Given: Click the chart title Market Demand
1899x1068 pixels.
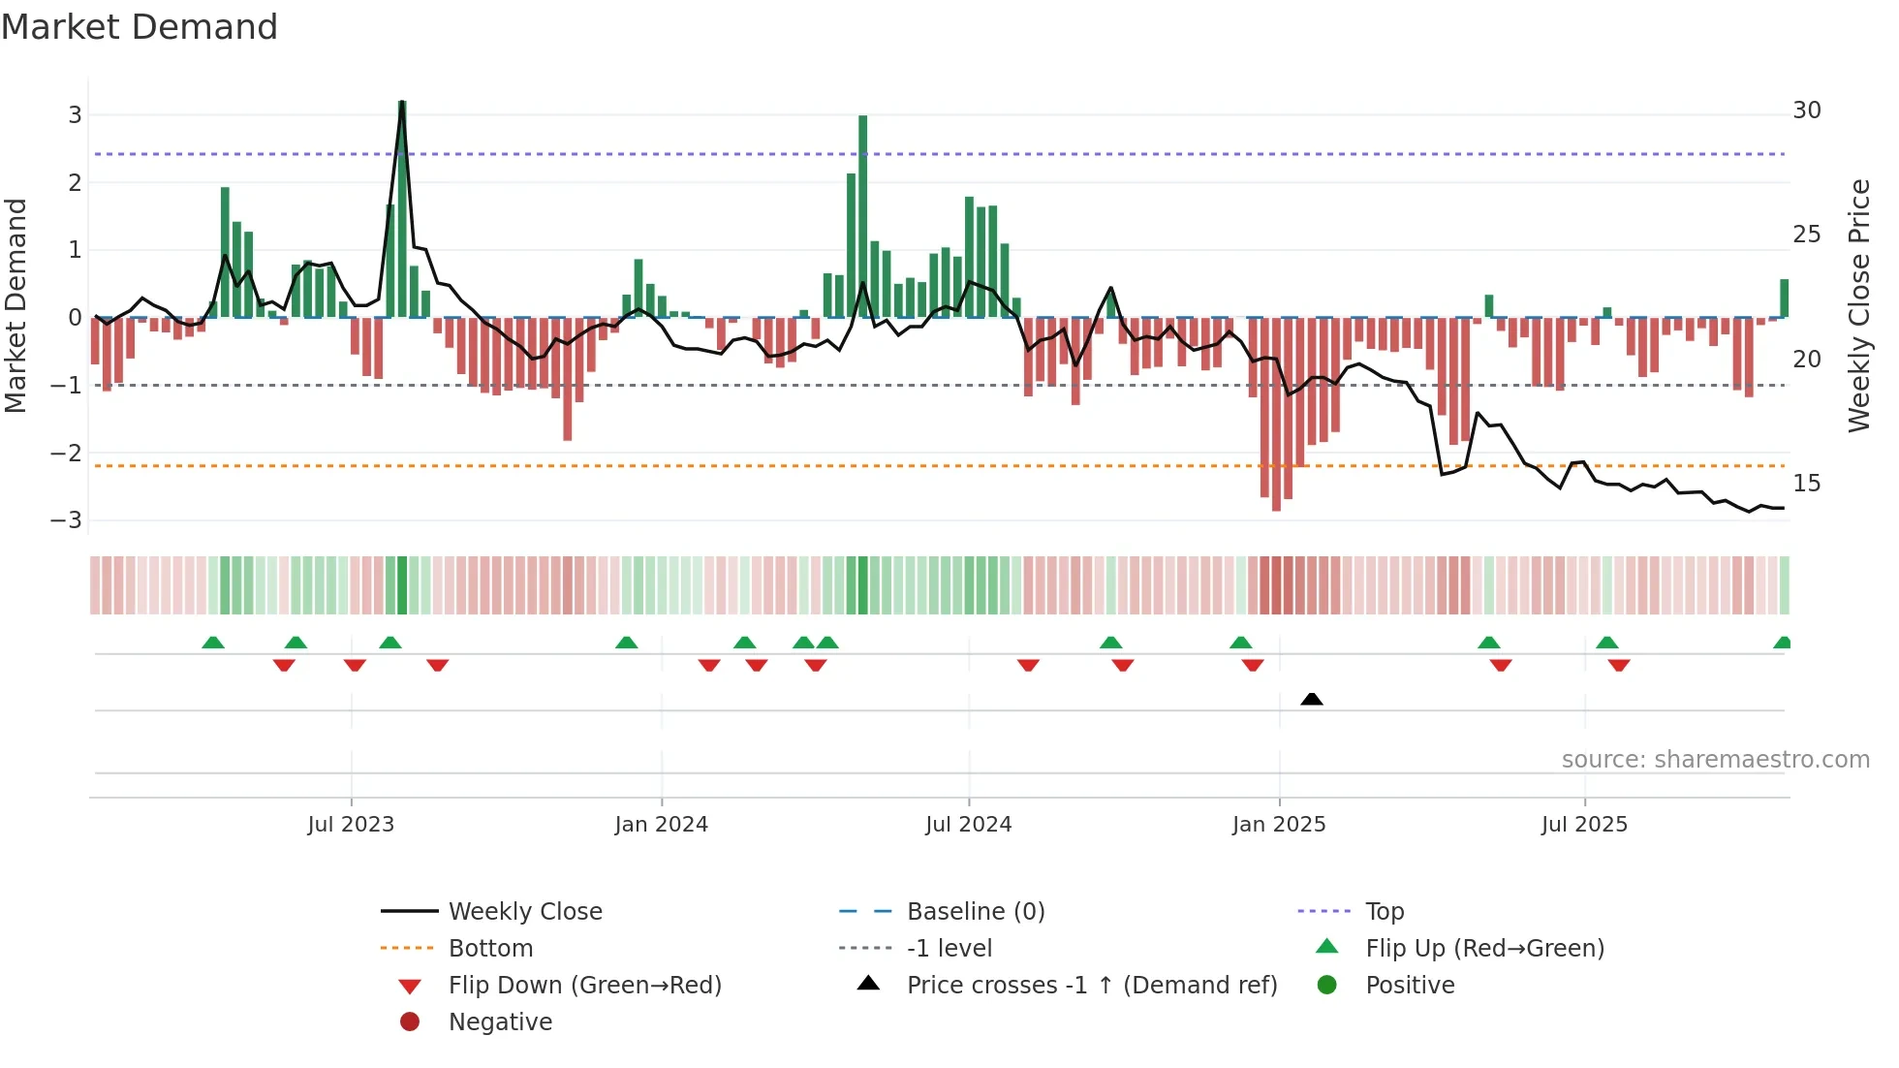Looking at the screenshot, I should (140, 27).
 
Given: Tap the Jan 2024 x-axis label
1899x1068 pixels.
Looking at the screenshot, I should (661, 825).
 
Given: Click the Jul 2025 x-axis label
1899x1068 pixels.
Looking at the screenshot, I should (1584, 825).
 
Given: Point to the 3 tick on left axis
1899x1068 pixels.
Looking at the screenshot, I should (75, 115).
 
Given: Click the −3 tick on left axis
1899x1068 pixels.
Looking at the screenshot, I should (67, 520).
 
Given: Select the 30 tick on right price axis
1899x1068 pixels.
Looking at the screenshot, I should (1806, 110).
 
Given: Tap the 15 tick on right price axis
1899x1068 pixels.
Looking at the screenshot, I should (1806, 484).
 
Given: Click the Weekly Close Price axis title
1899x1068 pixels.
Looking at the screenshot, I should (1858, 305).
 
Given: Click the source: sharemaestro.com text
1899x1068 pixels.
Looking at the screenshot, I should (1715, 760).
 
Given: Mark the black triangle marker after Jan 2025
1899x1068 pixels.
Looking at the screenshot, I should (1312, 699).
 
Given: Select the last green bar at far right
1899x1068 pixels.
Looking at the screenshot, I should (1784, 298).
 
